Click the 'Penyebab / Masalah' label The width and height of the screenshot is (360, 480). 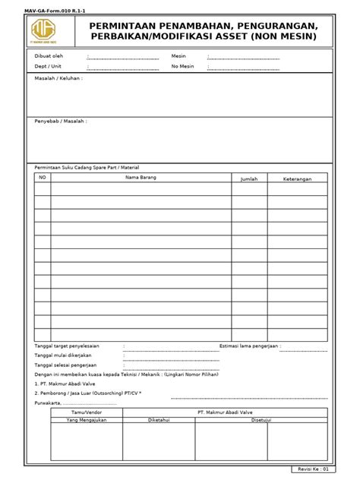pos(61,121)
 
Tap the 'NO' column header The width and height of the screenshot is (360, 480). pos(43,177)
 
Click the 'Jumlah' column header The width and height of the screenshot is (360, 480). pos(249,178)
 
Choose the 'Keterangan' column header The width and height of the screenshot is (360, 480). pos(298,178)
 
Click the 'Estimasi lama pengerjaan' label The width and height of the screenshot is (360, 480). pos(246,346)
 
